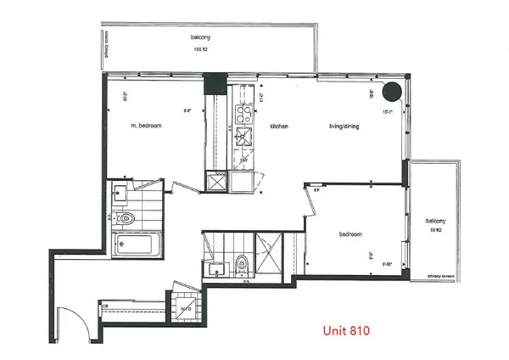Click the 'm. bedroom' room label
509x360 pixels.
click(146, 126)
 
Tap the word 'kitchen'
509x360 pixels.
click(280, 127)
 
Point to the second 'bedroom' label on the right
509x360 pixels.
click(350, 233)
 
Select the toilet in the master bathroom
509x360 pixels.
click(128, 220)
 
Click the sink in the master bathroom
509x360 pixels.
click(121, 192)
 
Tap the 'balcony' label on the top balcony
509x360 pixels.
click(202, 38)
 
